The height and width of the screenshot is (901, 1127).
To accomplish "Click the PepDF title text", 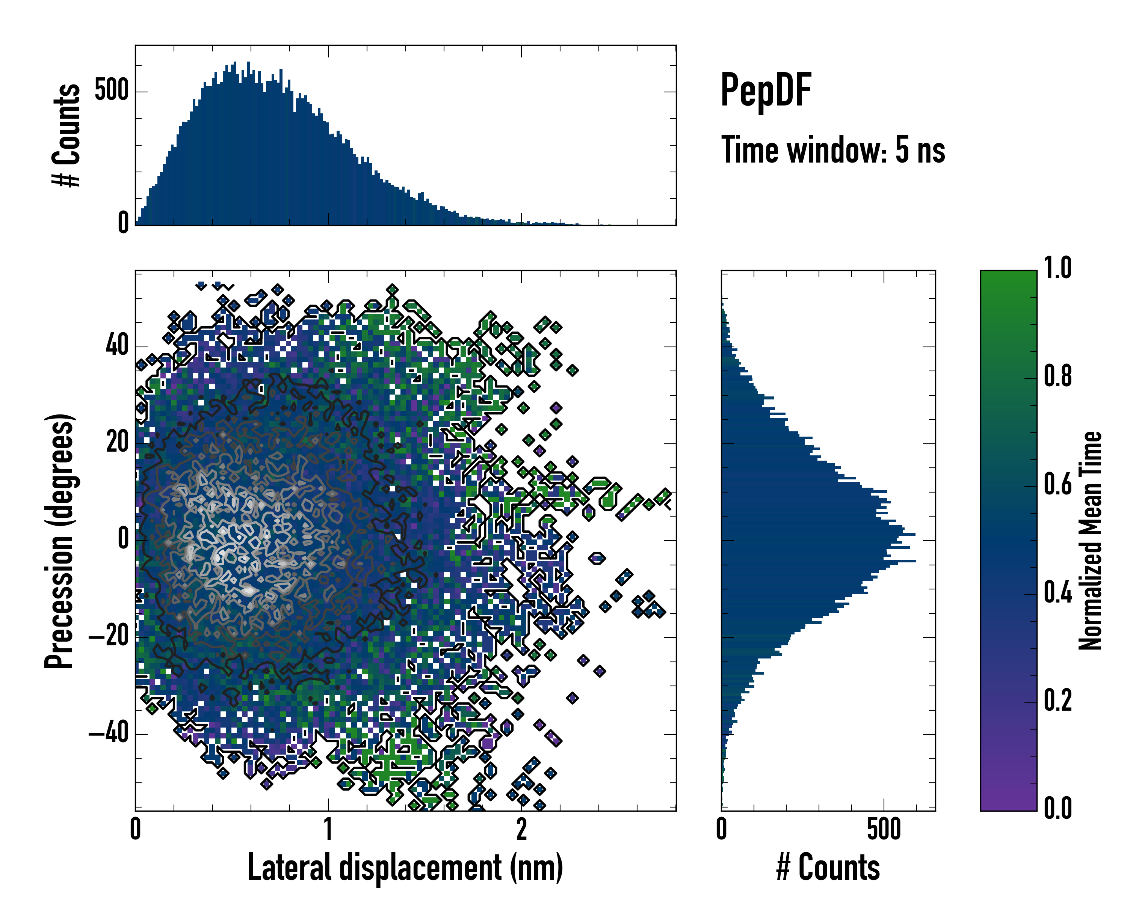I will coord(766,90).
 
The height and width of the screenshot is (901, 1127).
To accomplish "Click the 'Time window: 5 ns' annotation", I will coord(833,150).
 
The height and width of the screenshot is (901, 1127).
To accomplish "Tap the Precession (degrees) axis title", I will coord(59,541).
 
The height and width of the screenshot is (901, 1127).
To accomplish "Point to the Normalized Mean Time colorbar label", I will coord(1091,541).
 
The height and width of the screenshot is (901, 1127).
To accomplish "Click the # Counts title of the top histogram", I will coord(66,135).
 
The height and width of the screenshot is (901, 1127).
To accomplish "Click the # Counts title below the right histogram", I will coord(828,868).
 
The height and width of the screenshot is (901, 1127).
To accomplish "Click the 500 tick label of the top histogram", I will coord(111,91).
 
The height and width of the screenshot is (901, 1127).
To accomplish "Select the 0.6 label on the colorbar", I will coord(1058,485).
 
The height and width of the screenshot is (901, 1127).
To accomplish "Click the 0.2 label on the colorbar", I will coord(1058,701).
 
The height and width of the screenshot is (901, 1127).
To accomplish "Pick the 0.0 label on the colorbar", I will coord(1058,809).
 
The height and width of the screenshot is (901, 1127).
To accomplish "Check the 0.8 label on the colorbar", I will coord(1058,377).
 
